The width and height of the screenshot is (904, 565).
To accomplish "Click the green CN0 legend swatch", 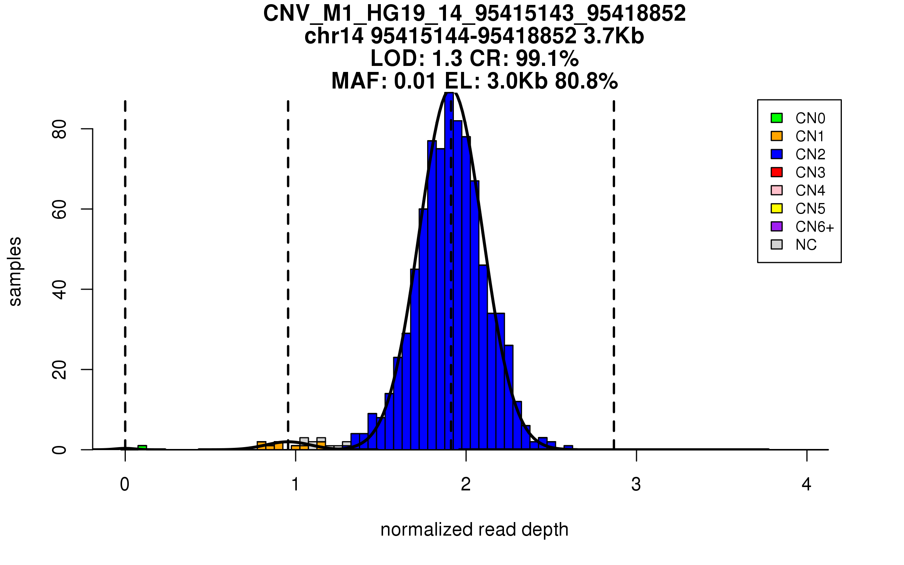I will [x=777, y=118].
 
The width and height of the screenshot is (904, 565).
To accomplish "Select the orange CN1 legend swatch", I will [x=777, y=136].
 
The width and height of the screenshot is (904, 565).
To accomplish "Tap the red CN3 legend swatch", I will [x=777, y=172].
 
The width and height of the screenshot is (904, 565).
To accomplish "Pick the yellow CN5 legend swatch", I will [x=777, y=208].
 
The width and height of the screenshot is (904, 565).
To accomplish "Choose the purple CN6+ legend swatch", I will [x=777, y=226].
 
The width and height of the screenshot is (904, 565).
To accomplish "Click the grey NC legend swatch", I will [x=777, y=244].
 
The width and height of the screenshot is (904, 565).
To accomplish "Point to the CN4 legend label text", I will [x=810, y=191].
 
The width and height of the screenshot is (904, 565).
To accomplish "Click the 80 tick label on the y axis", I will [x=60, y=129].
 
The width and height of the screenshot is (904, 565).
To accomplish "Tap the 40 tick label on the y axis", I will [x=60, y=289].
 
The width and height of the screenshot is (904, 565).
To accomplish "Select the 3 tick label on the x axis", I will [x=636, y=484].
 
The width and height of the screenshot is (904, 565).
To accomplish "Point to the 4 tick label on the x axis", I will [x=806, y=484].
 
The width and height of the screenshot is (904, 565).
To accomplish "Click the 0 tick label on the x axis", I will [x=125, y=484].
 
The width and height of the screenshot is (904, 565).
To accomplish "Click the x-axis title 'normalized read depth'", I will [x=474, y=530].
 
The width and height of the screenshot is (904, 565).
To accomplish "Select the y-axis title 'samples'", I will [x=15, y=271].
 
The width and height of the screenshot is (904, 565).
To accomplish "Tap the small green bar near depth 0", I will [x=142, y=447].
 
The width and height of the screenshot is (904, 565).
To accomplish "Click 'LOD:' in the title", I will [x=397, y=58].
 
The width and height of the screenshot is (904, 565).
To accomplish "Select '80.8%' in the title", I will [x=586, y=81].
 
